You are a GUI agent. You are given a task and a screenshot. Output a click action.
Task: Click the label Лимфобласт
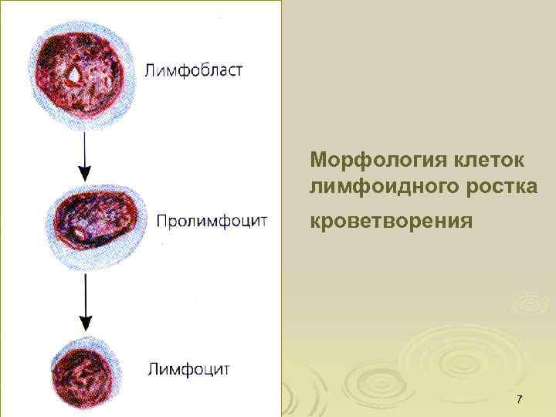click(193, 70)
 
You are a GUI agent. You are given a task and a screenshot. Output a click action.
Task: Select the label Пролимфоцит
click(212, 221)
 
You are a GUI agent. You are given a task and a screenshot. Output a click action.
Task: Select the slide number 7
click(519, 399)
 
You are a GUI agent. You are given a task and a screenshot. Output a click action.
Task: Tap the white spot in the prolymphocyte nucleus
click(80, 231)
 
